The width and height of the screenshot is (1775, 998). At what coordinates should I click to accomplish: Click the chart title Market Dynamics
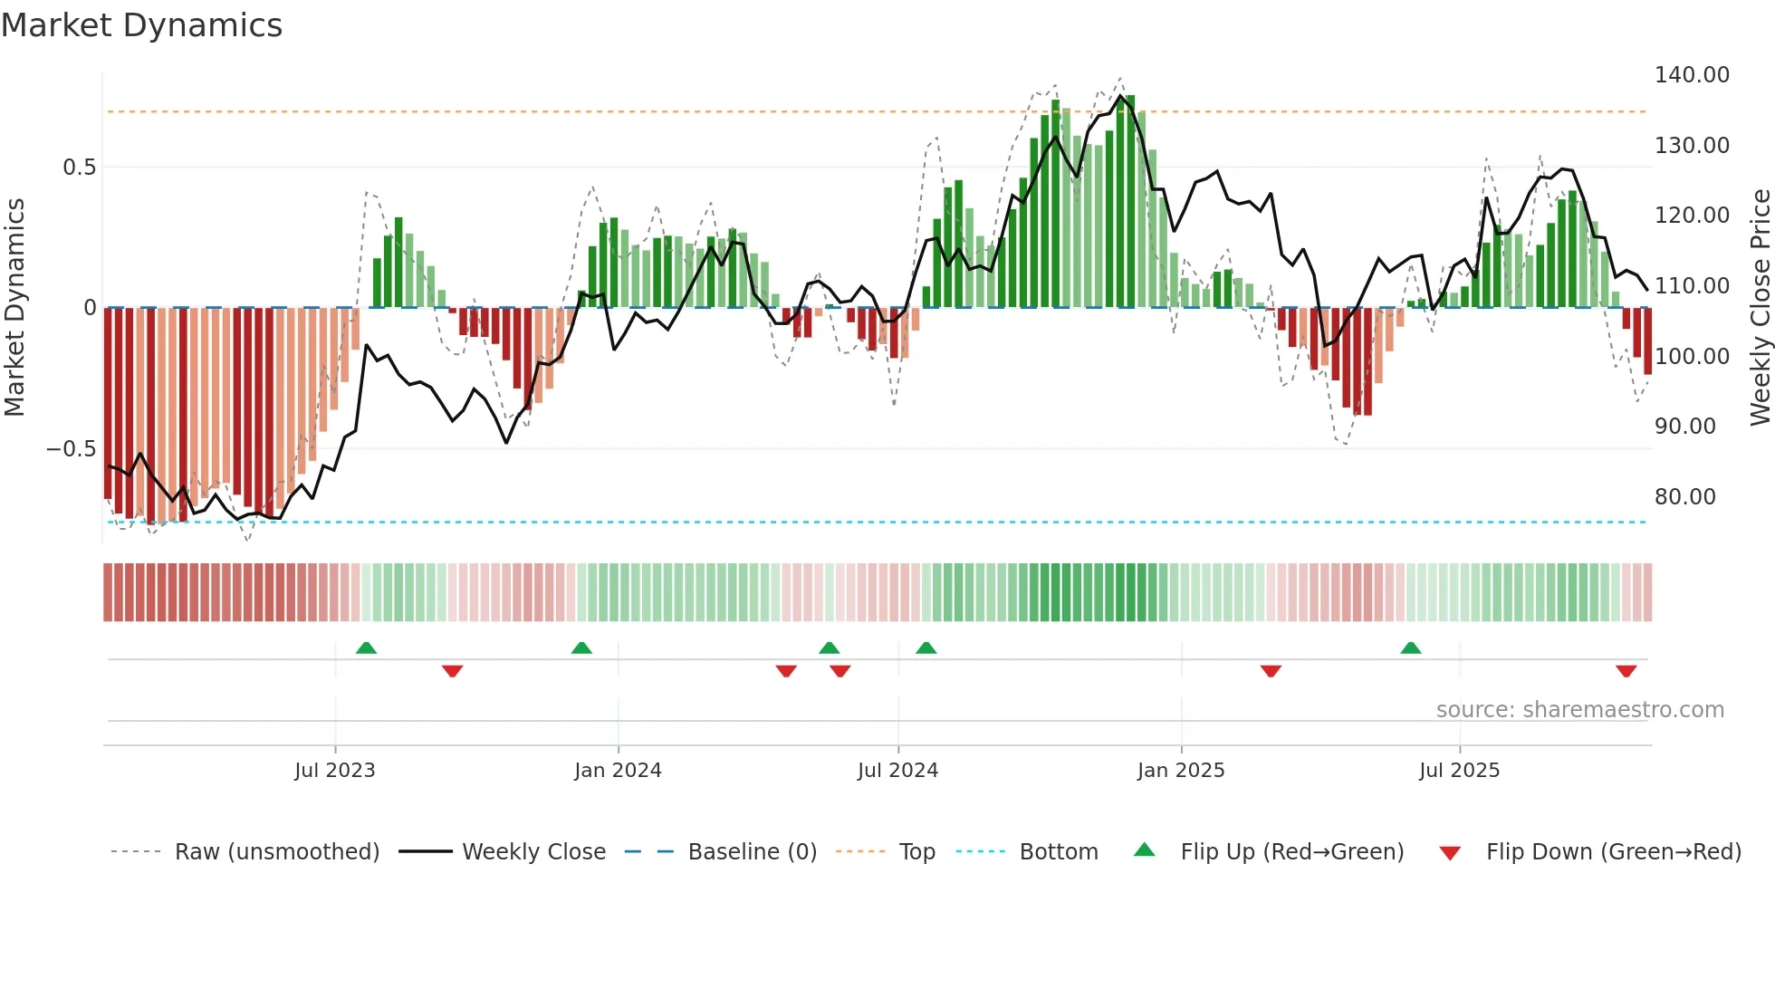click(x=141, y=25)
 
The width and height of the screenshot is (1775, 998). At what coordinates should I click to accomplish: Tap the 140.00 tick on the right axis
click(x=1692, y=75)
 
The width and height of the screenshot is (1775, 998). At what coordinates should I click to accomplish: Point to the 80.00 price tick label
click(x=1684, y=497)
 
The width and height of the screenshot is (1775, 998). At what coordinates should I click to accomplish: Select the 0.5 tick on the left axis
click(x=79, y=168)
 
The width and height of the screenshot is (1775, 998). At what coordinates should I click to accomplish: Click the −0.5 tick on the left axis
click(x=71, y=449)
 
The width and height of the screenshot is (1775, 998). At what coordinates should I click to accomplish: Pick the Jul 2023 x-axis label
click(x=334, y=771)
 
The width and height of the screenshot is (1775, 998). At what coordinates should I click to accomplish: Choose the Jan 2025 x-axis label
click(x=1180, y=771)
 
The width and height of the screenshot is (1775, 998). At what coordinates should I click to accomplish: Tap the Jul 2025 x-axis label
click(x=1459, y=771)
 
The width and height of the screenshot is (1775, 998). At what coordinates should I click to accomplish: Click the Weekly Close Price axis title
click(x=1760, y=308)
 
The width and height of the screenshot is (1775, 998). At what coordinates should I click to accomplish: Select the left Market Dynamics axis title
click(x=14, y=308)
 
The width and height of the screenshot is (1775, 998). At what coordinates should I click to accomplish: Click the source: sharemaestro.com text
click(x=1579, y=710)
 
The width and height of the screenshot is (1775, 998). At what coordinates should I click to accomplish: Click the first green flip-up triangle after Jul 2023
click(x=366, y=648)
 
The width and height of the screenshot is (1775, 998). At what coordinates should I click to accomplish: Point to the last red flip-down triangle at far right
click(x=1626, y=671)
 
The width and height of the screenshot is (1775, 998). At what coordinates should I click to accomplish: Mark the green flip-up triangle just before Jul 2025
click(x=1410, y=648)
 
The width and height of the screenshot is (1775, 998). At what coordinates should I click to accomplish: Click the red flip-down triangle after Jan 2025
click(x=1271, y=671)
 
